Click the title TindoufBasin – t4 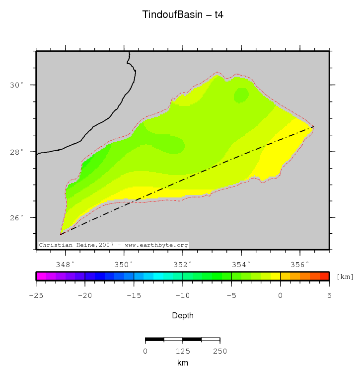pyautogui.click(x=183, y=15)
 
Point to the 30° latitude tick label pyautogui.click(x=18, y=85)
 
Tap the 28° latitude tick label pyautogui.click(x=18, y=152)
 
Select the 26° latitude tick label pyautogui.click(x=18, y=218)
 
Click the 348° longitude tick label pyautogui.click(x=65, y=264)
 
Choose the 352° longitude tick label pyautogui.click(x=183, y=264)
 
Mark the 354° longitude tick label pyautogui.click(x=241, y=264)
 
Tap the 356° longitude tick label pyautogui.click(x=300, y=264)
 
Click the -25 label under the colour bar pyautogui.click(x=36, y=295)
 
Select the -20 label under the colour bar pyautogui.click(x=85, y=295)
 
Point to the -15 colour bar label pyautogui.click(x=134, y=295)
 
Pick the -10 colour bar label pyautogui.click(x=183, y=295)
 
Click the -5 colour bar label pyautogui.click(x=231, y=295)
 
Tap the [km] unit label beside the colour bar pyautogui.click(x=345, y=277)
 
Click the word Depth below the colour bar pyautogui.click(x=183, y=315)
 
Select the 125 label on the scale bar pyautogui.click(x=183, y=351)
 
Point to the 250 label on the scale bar pyautogui.click(x=220, y=351)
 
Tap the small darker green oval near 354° pyautogui.click(x=241, y=94)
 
